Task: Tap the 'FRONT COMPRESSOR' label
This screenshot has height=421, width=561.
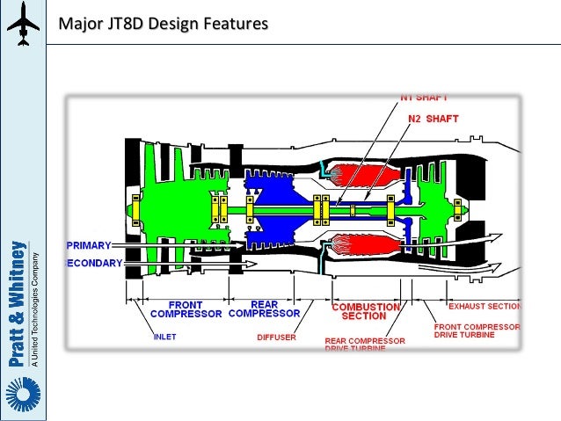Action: tap(186, 308)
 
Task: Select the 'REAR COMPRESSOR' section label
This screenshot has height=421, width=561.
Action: tap(266, 308)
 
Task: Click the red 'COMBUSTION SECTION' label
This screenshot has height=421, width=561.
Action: tap(364, 311)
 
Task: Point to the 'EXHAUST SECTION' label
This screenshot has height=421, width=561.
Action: tap(484, 308)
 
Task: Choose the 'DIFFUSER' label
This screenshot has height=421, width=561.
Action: tap(276, 336)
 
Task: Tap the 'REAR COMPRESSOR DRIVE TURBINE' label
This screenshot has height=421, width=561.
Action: tap(365, 345)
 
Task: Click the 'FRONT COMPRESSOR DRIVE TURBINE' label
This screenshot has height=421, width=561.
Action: tap(477, 330)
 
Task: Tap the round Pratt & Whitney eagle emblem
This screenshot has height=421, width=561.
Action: tap(22, 393)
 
